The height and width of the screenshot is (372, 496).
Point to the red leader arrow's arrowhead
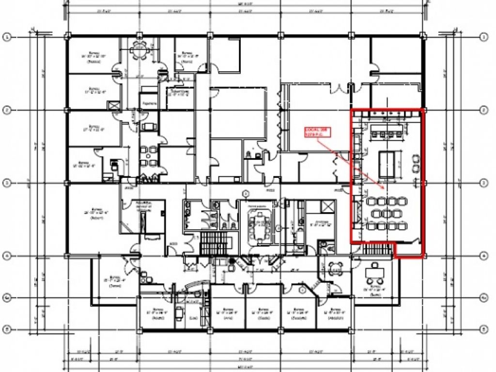(383, 188)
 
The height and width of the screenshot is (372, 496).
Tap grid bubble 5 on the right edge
(483, 329)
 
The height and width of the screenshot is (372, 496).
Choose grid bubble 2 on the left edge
(7, 110)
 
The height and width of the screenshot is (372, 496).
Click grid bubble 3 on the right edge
(483, 183)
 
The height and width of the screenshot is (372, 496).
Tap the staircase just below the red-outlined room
(376, 249)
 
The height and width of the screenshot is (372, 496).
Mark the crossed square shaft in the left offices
(114, 106)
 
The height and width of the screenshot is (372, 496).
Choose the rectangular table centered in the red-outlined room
(387, 164)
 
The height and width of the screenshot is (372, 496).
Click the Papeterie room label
(148, 104)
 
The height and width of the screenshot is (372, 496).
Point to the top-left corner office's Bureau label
(93, 57)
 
